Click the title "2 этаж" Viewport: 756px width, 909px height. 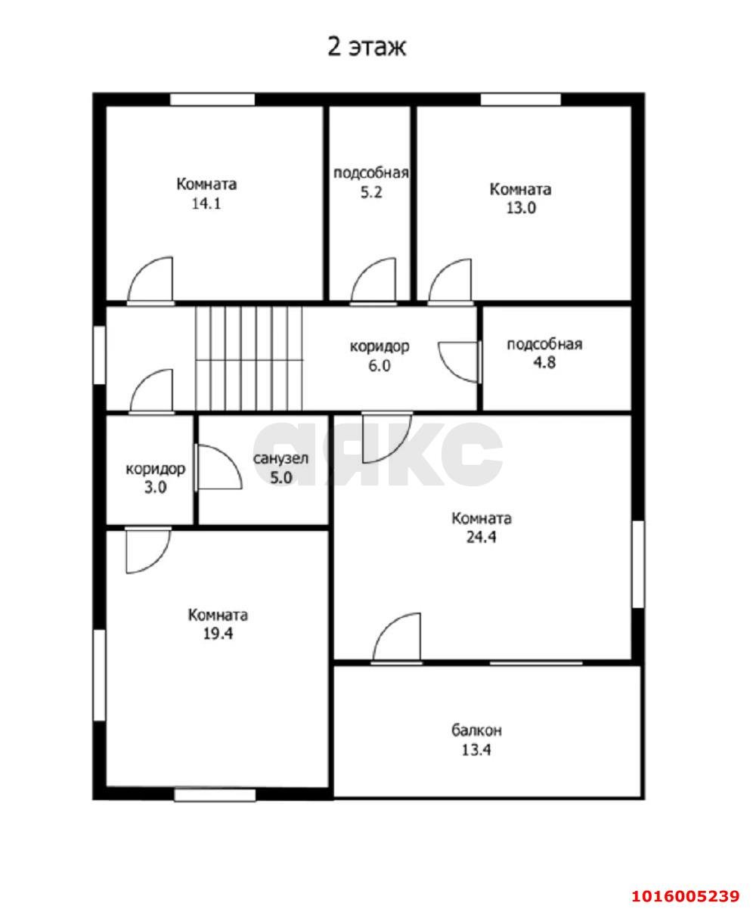tap(367, 47)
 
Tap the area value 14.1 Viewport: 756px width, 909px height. tap(206, 203)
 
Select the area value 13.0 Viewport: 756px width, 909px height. tap(521, 208)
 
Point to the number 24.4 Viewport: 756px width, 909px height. tap(481, 538)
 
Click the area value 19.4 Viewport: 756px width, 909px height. tap(218, 634)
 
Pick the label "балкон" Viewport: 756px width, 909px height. tap(476, 730)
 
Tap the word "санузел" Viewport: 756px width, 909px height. tap(280, 458)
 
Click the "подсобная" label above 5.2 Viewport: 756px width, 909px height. tap(371, 173)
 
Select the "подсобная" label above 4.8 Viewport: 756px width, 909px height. tap(544, 344)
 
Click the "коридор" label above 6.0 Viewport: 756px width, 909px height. tap(380, 347)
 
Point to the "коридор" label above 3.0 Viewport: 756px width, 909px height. tap(156, 470)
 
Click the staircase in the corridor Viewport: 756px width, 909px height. tap(249, 358)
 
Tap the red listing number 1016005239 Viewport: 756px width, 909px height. tap(686, 883)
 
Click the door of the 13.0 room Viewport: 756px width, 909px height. tap(438, 271)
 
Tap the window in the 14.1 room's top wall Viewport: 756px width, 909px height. tap(212, 99)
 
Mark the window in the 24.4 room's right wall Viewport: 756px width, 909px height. tap(637, 563)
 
